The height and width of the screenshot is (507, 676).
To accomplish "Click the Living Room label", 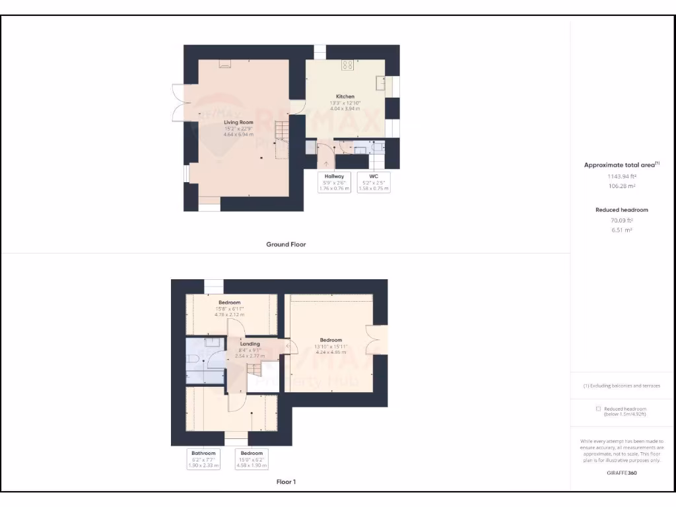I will click(x=238, y=123).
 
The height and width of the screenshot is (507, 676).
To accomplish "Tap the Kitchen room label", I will click(x=345, y=96).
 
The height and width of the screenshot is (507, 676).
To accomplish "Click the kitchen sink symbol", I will click(x=381, y=83).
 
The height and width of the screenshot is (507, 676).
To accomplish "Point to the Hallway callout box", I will click(x=334, y=182).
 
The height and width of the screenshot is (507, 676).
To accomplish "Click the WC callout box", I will click(x=373, y=182).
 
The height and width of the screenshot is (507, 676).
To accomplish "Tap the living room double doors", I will click(x=178, y=102).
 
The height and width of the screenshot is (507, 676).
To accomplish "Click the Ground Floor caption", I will click(x=286, y=244).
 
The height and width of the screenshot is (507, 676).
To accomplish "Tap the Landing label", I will click(x=250, y=344).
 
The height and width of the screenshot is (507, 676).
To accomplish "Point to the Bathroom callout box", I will click(x=203, y=459).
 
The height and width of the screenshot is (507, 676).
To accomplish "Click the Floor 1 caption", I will click(x=286, y=482).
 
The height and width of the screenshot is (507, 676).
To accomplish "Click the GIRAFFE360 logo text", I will click(x=622, y=473).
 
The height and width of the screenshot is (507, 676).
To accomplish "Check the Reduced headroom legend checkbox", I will click(x=597, y=409).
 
